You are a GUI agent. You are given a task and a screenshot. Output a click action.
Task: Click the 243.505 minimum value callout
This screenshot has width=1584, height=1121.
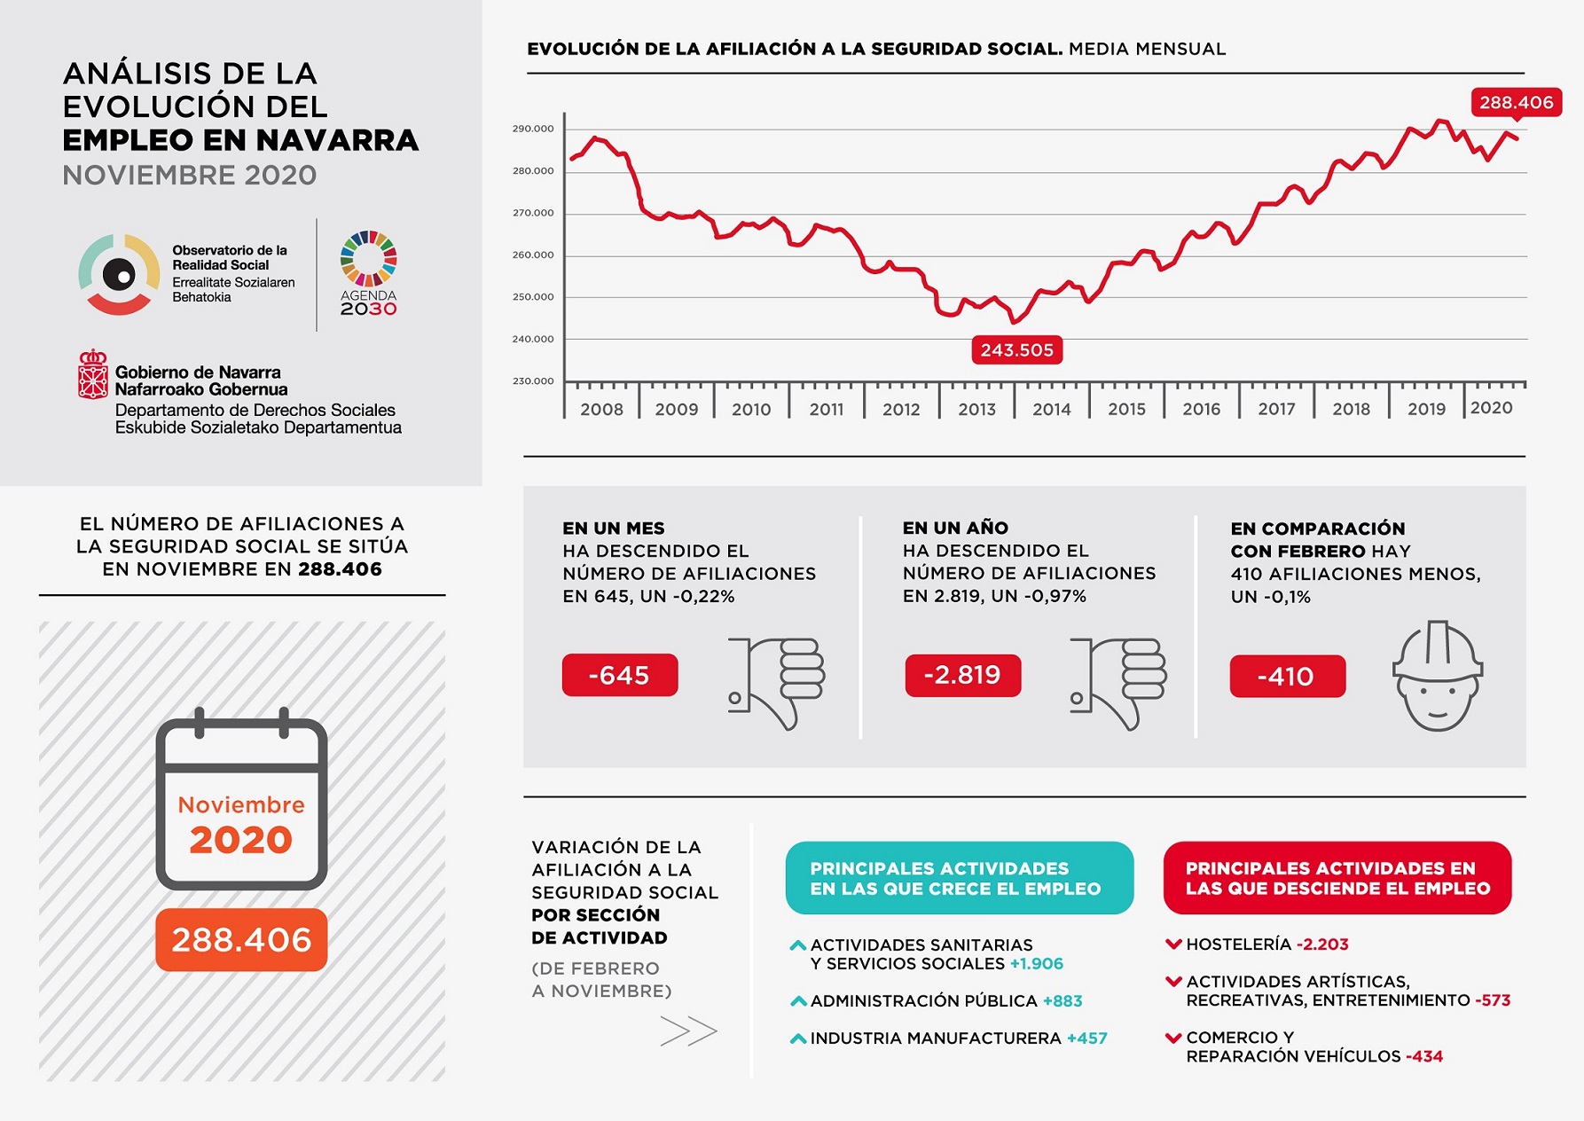1016,350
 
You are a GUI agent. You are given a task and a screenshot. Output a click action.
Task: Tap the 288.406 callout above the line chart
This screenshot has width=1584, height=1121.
1516,103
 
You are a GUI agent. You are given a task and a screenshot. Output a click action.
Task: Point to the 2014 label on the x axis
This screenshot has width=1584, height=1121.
1051,410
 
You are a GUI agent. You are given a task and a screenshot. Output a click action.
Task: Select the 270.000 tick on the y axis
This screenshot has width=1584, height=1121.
532,213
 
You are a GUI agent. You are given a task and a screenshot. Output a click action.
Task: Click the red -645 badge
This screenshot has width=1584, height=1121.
619,676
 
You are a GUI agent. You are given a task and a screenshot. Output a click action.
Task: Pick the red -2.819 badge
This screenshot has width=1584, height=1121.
962,676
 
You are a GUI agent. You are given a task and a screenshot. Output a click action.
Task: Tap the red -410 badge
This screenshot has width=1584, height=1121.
1287,677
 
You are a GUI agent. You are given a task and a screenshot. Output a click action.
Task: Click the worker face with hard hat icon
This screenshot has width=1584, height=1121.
1437,676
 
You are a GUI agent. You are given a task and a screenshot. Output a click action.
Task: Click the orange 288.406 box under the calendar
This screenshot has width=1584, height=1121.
241,940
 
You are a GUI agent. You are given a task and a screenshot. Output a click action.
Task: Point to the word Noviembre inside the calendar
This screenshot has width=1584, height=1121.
241,805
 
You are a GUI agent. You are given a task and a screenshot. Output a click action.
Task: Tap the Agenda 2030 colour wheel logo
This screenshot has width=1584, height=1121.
369,258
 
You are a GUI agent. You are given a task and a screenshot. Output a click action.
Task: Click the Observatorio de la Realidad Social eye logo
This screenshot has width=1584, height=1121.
119,274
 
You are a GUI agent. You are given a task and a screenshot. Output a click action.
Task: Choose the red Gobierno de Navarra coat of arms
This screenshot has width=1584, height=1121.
92,374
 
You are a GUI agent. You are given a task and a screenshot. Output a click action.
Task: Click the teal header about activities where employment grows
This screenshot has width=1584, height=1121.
959,878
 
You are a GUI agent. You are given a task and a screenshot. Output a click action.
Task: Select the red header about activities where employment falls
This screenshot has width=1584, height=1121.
1337,878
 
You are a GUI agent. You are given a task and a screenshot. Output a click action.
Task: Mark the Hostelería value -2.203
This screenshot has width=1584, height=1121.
1322,945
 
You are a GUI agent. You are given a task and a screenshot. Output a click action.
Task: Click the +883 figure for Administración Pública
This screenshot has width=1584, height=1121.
1063,1001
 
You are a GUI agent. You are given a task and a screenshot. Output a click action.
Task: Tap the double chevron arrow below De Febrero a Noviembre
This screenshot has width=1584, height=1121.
688,1031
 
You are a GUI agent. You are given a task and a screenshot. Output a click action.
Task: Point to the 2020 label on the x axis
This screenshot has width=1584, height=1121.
1491,408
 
